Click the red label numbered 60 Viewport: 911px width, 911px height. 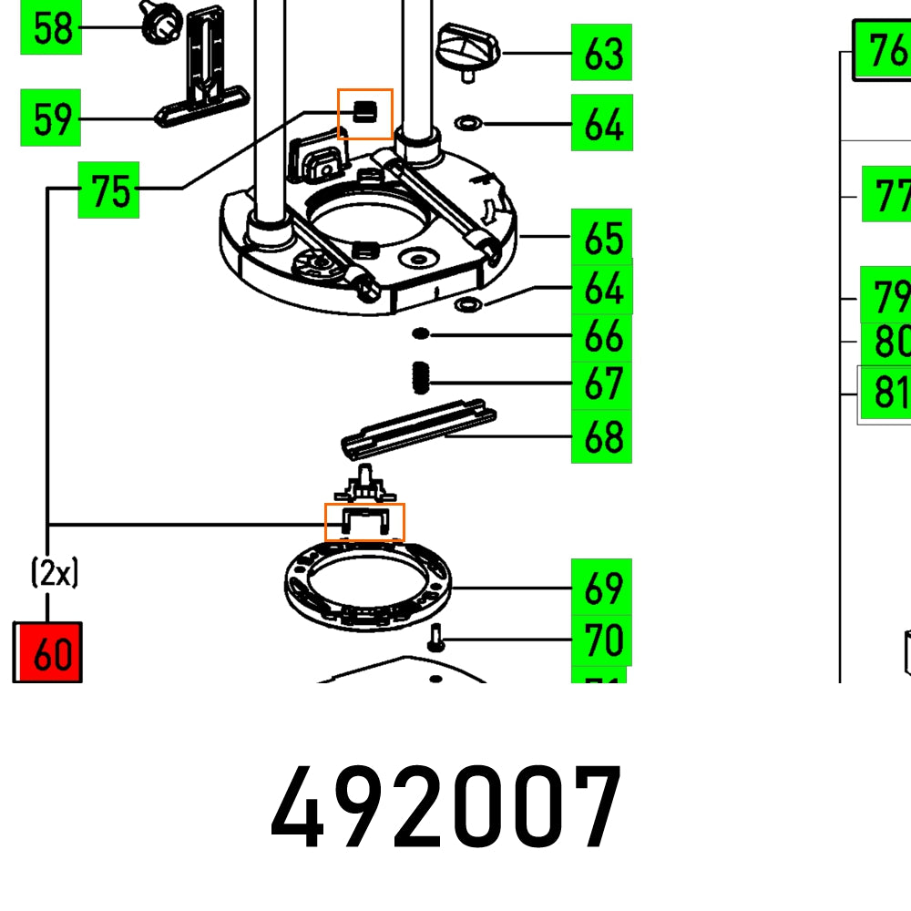(x=48, y=652)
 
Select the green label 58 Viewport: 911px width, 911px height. (x=51, y=27)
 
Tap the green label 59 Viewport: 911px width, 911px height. (x=51, y=118)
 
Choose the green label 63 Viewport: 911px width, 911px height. (x=601, y=53)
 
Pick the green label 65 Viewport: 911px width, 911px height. (x=601, y=239)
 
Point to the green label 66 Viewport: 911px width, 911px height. (x=601, y=337)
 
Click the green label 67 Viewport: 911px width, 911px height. (x=601, y=384)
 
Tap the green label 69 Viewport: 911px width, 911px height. (x=601, y=588)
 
